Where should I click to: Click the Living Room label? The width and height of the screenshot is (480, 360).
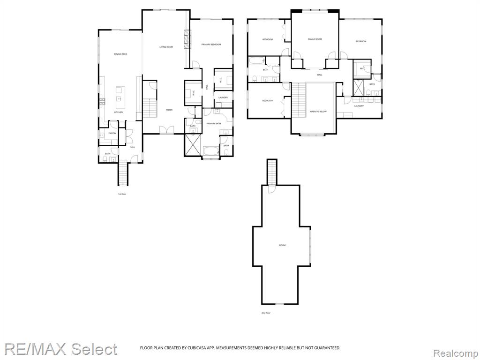point(166,47)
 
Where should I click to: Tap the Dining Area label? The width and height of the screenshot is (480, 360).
point(120,54)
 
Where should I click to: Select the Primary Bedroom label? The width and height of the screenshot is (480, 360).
point(211,45)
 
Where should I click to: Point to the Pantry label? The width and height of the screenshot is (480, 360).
point(112,133)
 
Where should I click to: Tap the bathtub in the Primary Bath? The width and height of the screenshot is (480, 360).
point(211,151)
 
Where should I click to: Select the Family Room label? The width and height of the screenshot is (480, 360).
point(315,39)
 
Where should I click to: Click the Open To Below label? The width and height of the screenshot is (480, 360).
point(318,112)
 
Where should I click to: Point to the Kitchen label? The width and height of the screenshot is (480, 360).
point(119,112)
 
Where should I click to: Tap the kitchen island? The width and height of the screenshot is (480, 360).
point(119,94)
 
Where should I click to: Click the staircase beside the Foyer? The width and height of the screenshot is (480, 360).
point(149,110)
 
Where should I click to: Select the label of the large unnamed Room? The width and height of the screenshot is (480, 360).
point(282,245)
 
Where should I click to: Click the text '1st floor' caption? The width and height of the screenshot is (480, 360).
point(122,194)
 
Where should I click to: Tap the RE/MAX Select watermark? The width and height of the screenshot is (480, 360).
point(61,349)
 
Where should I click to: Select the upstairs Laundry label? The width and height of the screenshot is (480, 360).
point(359,106)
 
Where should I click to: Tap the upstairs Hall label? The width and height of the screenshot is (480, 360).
point(319,75)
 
